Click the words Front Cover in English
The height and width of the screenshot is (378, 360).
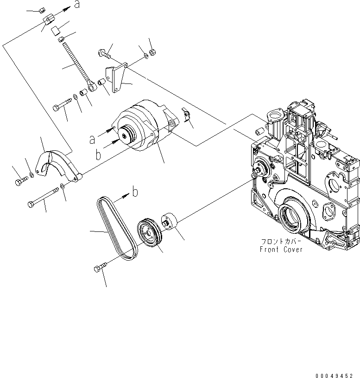pos(281,249)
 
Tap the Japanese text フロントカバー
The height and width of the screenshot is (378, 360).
pos(281,241)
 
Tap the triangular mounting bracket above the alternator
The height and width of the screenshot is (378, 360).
pos(114,77)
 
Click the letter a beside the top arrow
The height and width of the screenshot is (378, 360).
pos(77,5)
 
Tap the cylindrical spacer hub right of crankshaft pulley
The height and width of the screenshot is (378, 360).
pos(170,222)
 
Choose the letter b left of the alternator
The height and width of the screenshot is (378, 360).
pos(98,154)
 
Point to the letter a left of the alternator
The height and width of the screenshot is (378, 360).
pos(92,139)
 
